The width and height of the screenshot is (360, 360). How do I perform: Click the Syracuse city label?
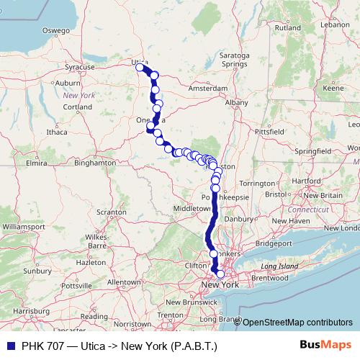[80, 67]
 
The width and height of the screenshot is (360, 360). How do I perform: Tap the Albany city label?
[236, 103]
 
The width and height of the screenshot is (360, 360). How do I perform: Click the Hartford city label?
[306, 180]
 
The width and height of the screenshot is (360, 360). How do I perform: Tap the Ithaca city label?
[56, 132]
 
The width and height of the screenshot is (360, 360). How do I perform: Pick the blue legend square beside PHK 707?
[8, 346]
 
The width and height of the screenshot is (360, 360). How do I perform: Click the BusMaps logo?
[325, 346]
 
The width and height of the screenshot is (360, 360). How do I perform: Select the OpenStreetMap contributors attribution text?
[297, 323]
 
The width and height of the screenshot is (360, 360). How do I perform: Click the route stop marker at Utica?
[140, 68]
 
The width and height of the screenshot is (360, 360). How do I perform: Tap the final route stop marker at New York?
[220, 274]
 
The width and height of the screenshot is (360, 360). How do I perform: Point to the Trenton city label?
[170, 315]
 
